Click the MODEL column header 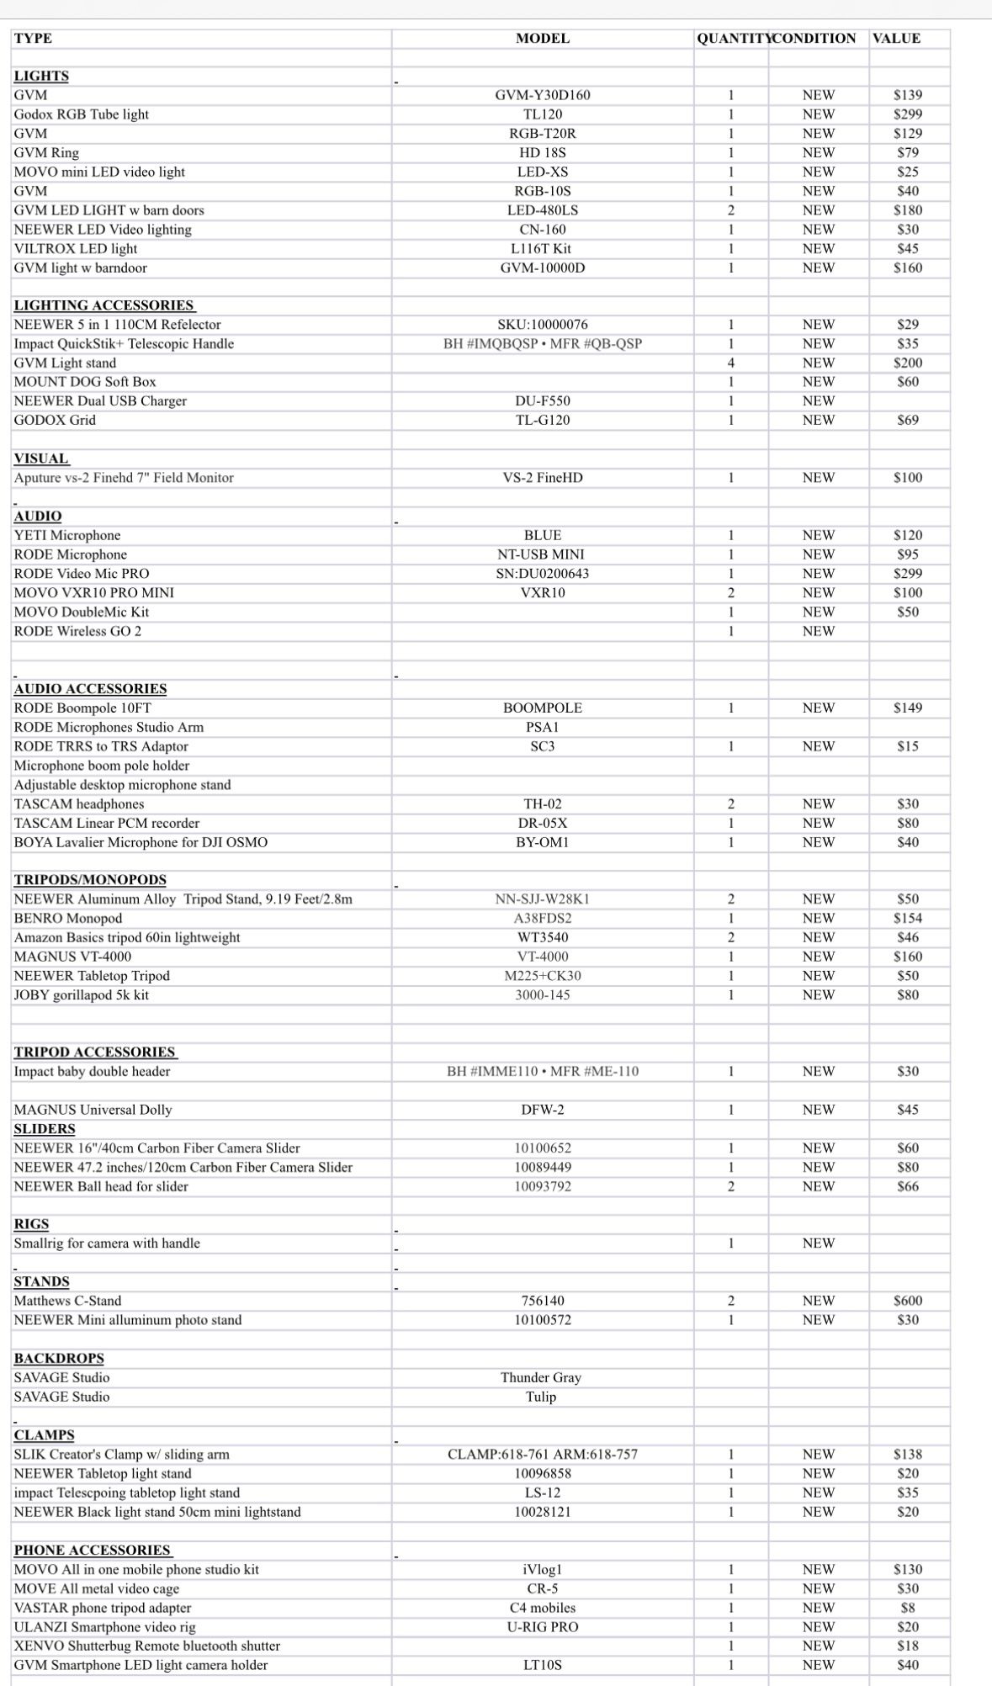click(x=542, y=39)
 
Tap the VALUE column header click(x=896, y=39)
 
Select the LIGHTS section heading click(x=41, y=76)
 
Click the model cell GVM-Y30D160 click(x=542, y=95)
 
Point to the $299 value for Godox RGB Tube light click(x=907, y=114)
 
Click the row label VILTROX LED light click(x=76, y=249)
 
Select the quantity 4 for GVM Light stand click(x=730, y=363)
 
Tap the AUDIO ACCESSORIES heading click(x=90, y=689)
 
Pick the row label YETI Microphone click(x=67, y=536)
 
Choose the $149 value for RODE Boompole click(x=907, y=708)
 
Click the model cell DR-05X click(x=542, y=824)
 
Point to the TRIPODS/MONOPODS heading click(x=90, y=880)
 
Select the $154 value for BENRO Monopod click(x=907, y=919)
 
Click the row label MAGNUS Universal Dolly click(x=93, y=1111)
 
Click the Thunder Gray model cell click(x=540, y=1378)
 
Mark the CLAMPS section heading click(x=44, y=1435)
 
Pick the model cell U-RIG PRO click(x=542, y=1627)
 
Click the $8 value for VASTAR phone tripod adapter click(x=907, y=1608)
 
